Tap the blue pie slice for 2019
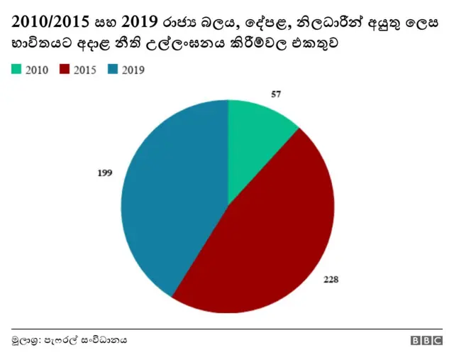(x=170, y=199)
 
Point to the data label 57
(x=277, y=94)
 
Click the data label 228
(x=331, y=279)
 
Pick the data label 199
(x=105, y=173)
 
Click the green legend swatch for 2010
(x=16, y=70)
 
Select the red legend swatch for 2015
(x=66, y=70)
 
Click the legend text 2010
(x=37, y=70)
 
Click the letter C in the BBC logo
(x=436, y=341)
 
